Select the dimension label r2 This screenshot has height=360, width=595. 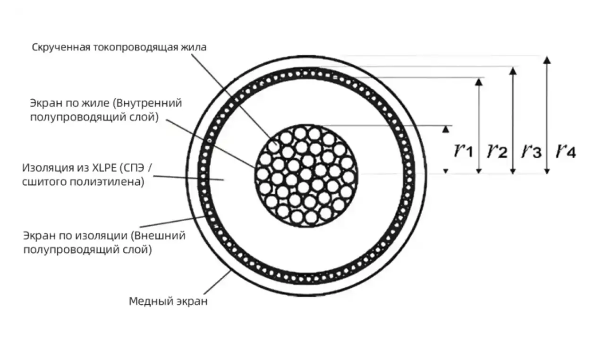tap(497, 151)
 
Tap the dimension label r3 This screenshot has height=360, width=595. tap(531, 151)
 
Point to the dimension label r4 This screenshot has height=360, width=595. tap(566, 151)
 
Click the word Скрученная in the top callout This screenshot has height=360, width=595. tap(61, 48)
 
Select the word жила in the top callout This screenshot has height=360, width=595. tap(194, 47)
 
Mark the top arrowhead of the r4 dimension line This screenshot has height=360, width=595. tap(547, 60)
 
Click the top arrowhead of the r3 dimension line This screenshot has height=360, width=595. tap(513, 71)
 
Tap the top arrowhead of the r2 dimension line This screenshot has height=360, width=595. tap(479, 82)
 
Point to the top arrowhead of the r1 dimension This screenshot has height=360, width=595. tap(446, 129)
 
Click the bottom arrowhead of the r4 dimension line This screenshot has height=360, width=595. tap(547, 171)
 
